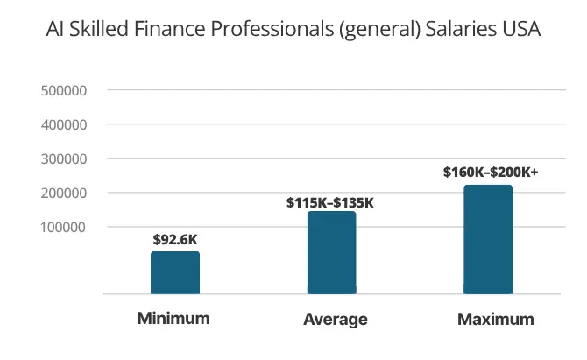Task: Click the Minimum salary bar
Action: tap(175, 272)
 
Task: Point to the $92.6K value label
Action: tap(175, 238)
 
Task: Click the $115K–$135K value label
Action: tap(330, 202)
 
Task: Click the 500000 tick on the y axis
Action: tap(63, 90)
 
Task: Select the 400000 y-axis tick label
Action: tap(63, 124)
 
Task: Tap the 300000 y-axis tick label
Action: tap(63, 159)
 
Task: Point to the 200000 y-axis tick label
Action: tap(63, 193)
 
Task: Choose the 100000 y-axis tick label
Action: tap(63, 227)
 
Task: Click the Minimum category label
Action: tap(173, 318)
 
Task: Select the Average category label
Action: tap(335, 320)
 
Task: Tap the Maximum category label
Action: tap(495, 320)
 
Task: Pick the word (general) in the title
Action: tap(378, 30)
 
